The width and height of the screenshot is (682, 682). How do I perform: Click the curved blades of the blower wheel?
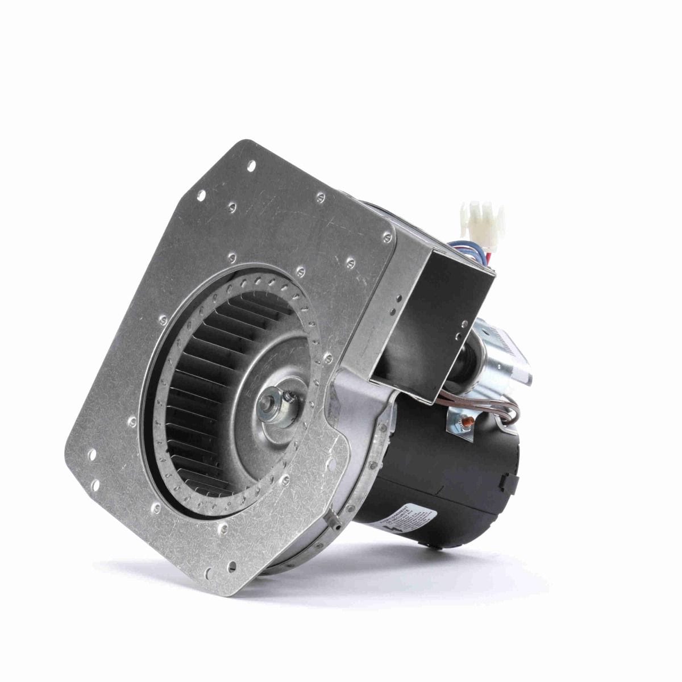coord(188,398)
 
